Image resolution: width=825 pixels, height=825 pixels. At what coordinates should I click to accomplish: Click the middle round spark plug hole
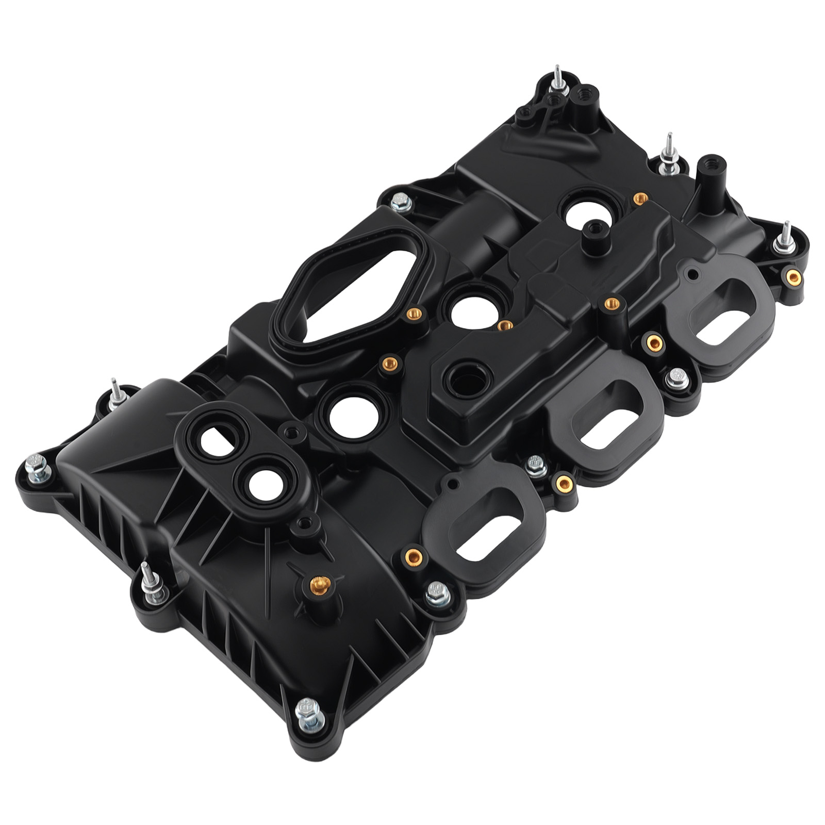tap(475, 310)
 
